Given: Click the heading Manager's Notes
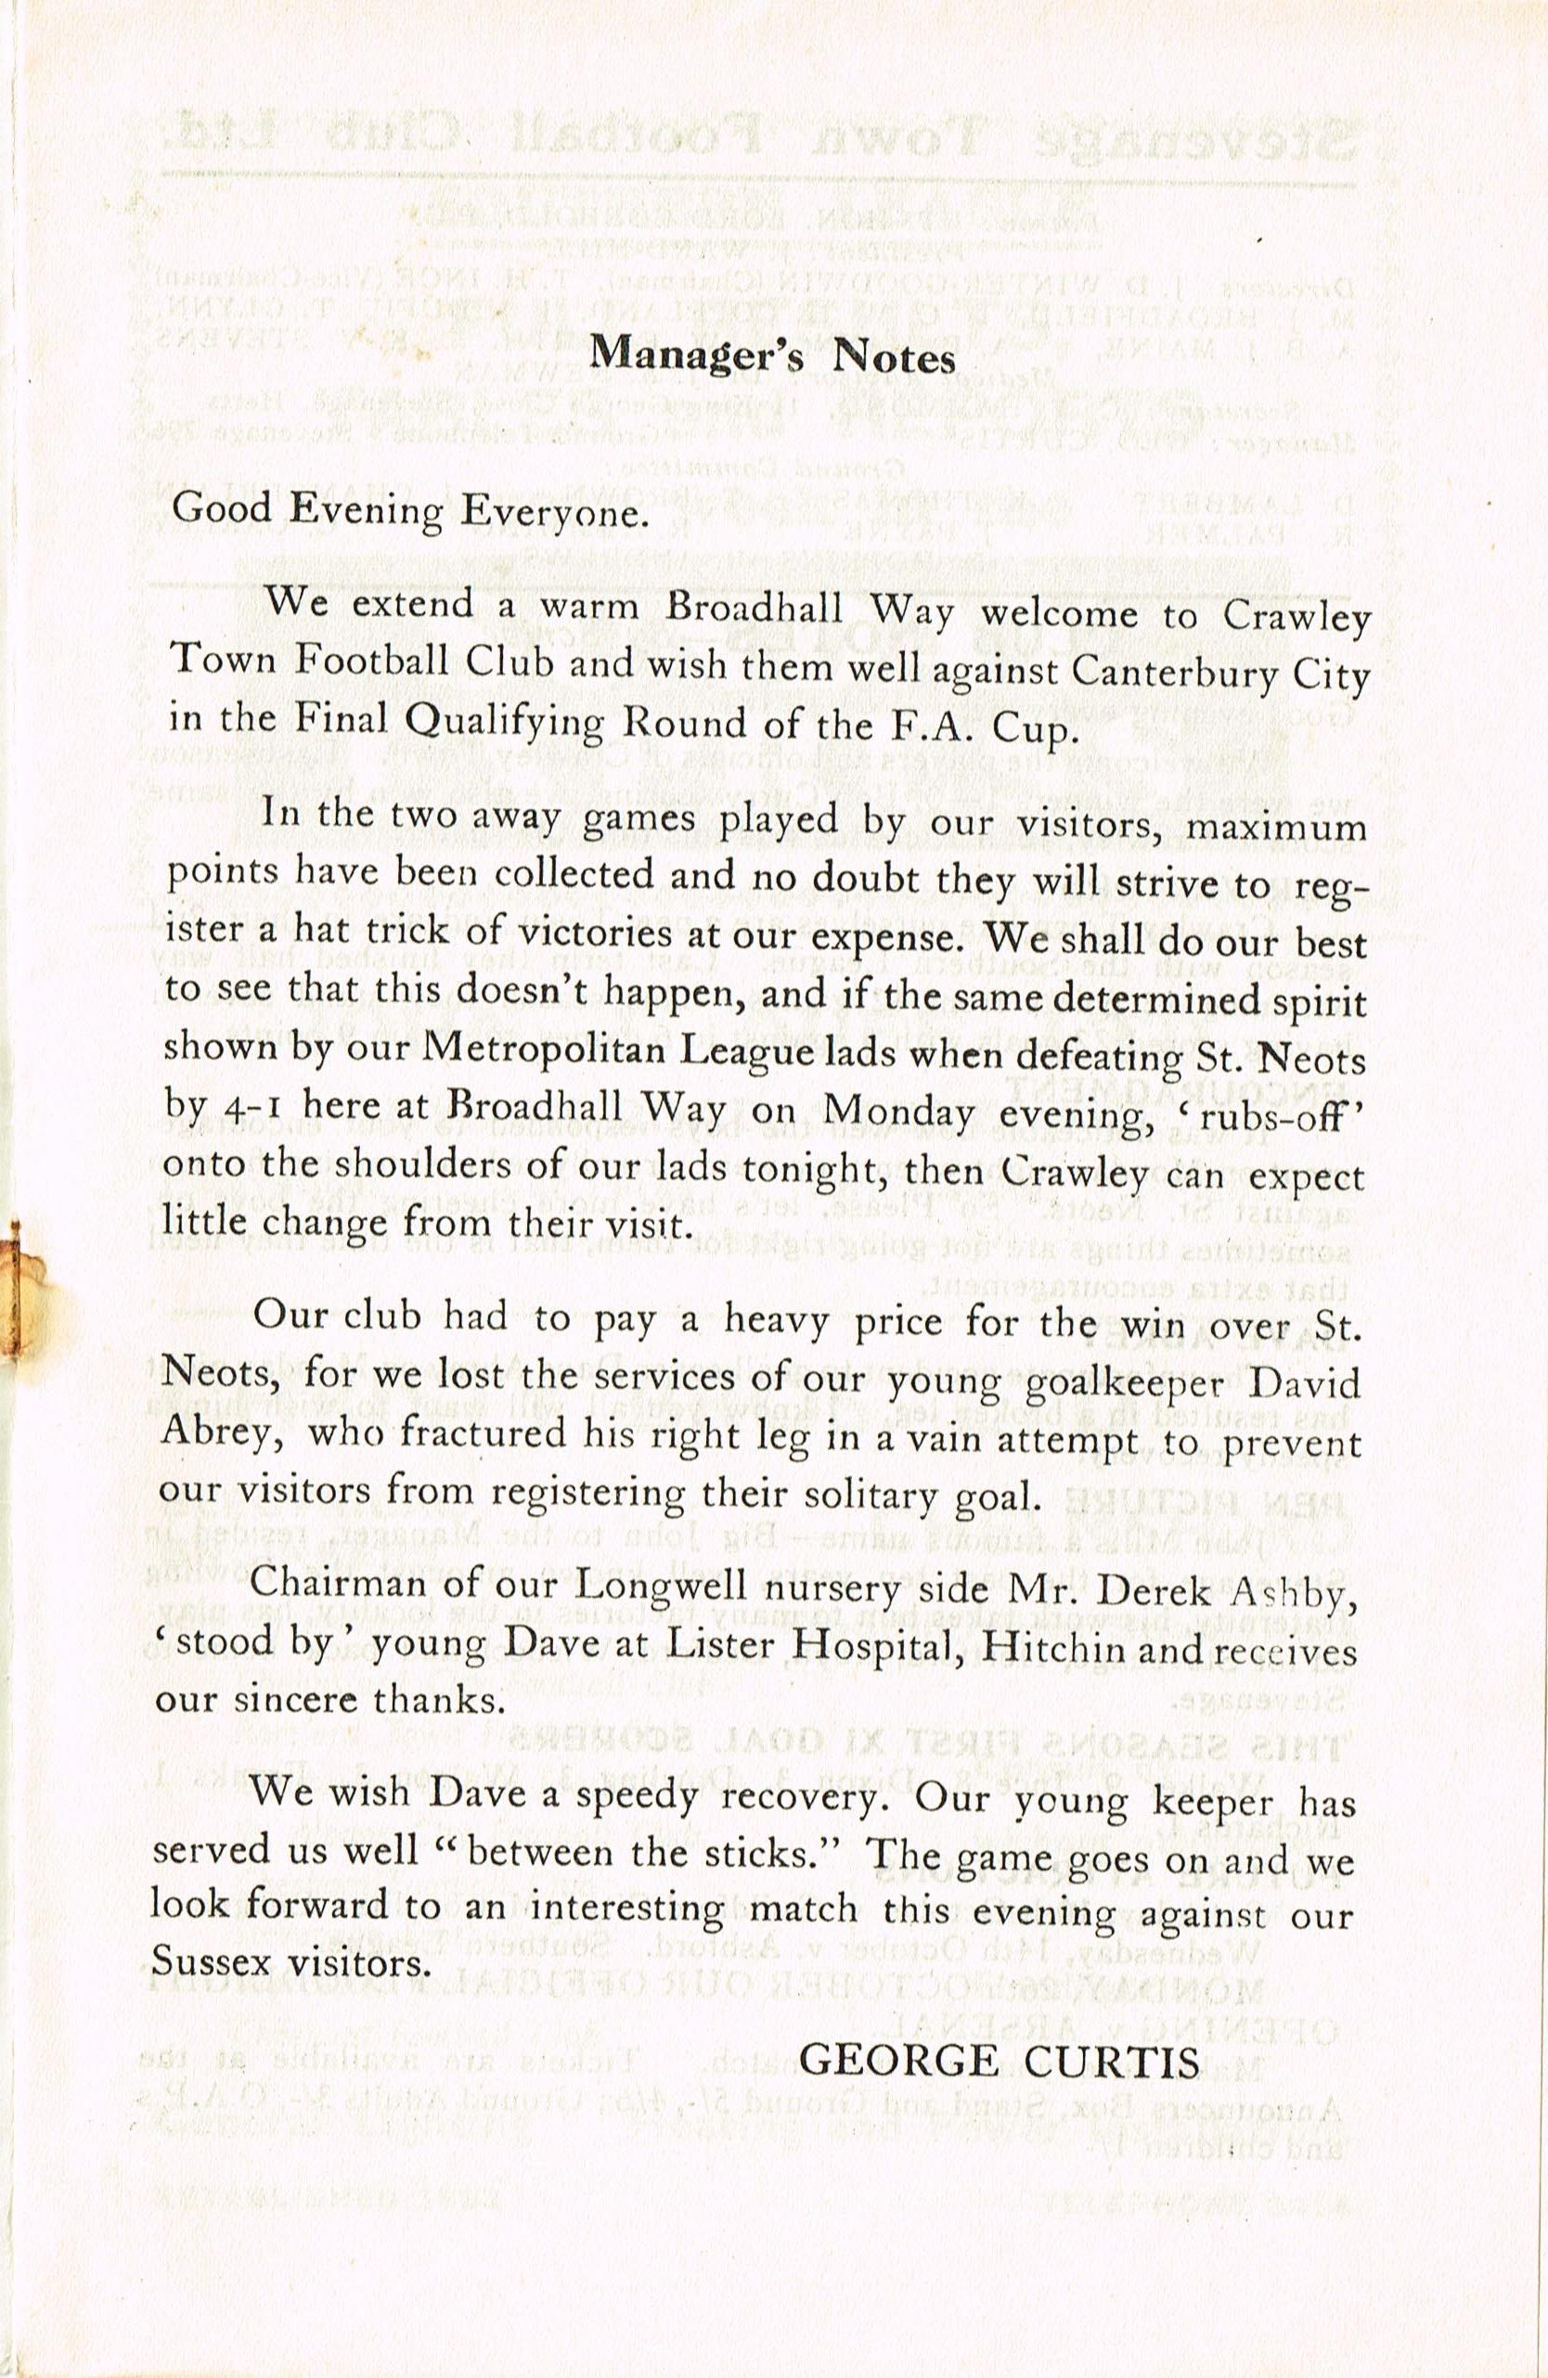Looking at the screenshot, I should [x=772, y=354].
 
